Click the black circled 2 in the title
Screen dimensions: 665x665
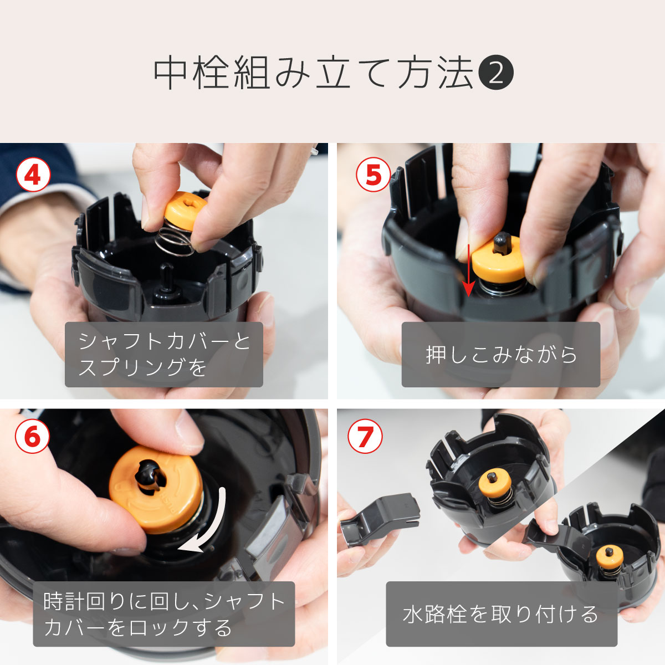tap(495, 74)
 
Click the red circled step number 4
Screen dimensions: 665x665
tap(33, 175)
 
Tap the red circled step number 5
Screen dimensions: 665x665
tap(372, 175)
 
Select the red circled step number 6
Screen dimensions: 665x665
tap(32, 436)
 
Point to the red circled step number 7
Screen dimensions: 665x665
tap(365, 436)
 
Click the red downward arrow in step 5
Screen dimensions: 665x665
tap(468, 272)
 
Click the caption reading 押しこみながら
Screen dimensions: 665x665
tap(500, 355)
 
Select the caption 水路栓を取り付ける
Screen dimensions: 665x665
tap(501, 614)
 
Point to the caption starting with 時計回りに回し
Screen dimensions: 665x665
tap(164, 614)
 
